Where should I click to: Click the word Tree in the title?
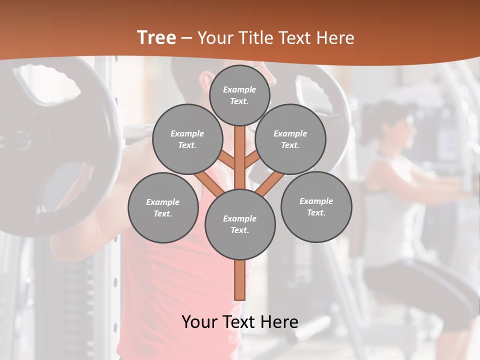coord(156,38)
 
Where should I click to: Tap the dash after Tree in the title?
coord(187,38)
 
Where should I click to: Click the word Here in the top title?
coord(335,38)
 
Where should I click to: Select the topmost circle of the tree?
coord(239,95)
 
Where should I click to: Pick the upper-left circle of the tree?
coord(187,139)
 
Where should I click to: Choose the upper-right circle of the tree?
coord(290,139)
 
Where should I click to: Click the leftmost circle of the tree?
coord(163,207)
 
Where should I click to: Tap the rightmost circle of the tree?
coord(316,206)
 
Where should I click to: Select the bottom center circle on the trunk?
coord(240,224)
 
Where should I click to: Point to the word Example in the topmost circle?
coord(239,89)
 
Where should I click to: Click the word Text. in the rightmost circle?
coord(316,212)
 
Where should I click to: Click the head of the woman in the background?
coord(392,125)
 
